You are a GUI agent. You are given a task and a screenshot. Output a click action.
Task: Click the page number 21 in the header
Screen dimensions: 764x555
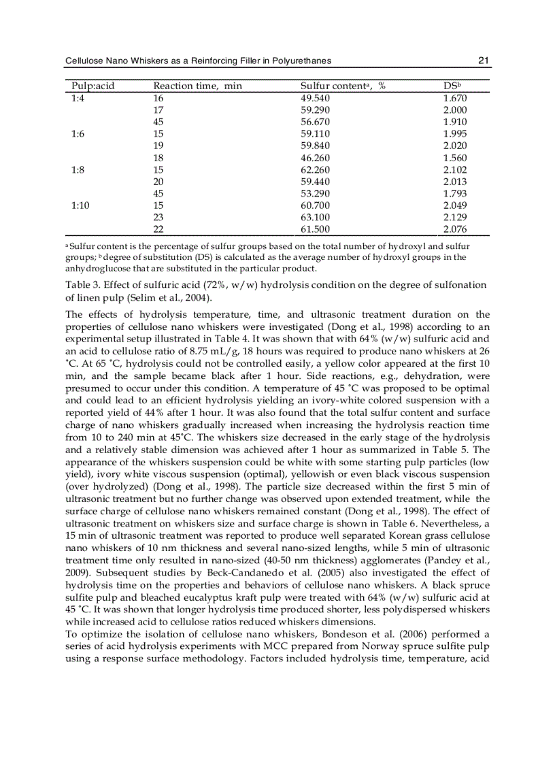point(484,61)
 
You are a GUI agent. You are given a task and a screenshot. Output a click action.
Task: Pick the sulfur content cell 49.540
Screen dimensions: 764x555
point(315,98)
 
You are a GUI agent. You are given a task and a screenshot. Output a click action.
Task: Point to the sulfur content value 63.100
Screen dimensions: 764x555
point(315,218)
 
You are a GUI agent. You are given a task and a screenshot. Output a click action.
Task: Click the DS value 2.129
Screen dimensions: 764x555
point(455,218)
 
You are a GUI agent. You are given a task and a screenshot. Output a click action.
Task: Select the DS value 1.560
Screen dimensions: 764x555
point(455,158)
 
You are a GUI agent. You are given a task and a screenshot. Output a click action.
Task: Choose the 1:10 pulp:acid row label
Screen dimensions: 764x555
point(80,205)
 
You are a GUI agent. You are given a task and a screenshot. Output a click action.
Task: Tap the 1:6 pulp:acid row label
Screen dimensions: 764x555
point(78,134)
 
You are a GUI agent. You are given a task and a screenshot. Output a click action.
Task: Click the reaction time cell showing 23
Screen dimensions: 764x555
point(158,218)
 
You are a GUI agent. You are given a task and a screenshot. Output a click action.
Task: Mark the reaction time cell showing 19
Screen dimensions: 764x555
point(158,146)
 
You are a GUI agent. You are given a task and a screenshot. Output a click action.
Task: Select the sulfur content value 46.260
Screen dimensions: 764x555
point(315,158)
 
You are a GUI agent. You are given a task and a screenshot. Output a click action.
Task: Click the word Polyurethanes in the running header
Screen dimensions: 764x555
point(301,61)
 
